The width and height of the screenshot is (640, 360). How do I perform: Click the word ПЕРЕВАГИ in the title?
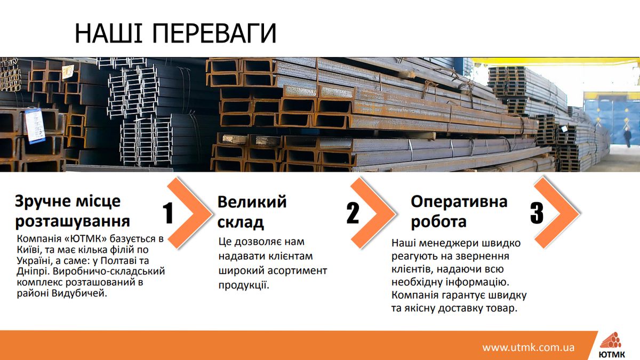click(214, 33)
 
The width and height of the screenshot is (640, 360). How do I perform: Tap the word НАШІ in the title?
click(109, 33)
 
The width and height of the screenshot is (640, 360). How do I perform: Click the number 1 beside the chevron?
click(168, 213)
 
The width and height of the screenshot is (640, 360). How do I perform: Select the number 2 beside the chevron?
click(353, 213)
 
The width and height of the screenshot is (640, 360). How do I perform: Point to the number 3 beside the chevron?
click(537, 213)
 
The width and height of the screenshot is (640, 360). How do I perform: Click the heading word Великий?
click(252, 202)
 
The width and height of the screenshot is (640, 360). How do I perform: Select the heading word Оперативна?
click(459, 202)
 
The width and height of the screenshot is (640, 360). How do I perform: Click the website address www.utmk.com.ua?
click(529, 348)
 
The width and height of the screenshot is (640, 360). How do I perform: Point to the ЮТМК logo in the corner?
click(611, 345)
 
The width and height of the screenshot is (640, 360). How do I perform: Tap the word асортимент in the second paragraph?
click(297, 270)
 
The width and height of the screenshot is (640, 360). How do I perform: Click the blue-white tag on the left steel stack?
click(35, 126)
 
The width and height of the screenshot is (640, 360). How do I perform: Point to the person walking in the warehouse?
click(628, 137)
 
